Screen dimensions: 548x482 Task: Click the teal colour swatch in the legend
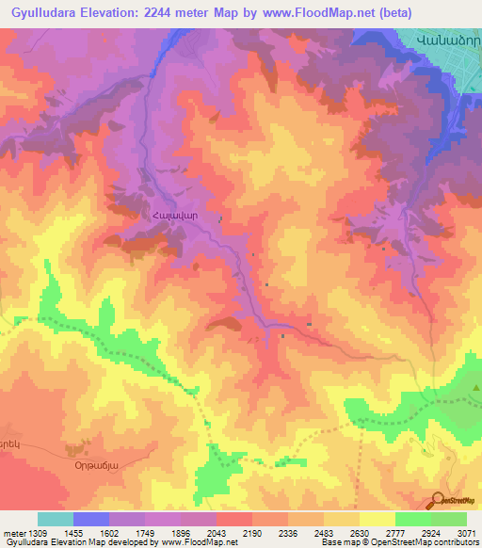(x=56, y=519)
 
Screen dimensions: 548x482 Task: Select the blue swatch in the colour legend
(x=91, y=519)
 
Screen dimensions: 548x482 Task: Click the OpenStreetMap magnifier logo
(x=438, y=500)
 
